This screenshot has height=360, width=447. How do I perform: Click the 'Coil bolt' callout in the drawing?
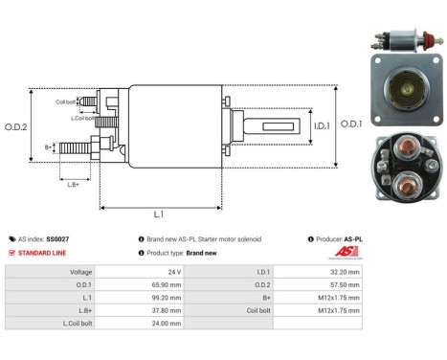click(x=65, y=101)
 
